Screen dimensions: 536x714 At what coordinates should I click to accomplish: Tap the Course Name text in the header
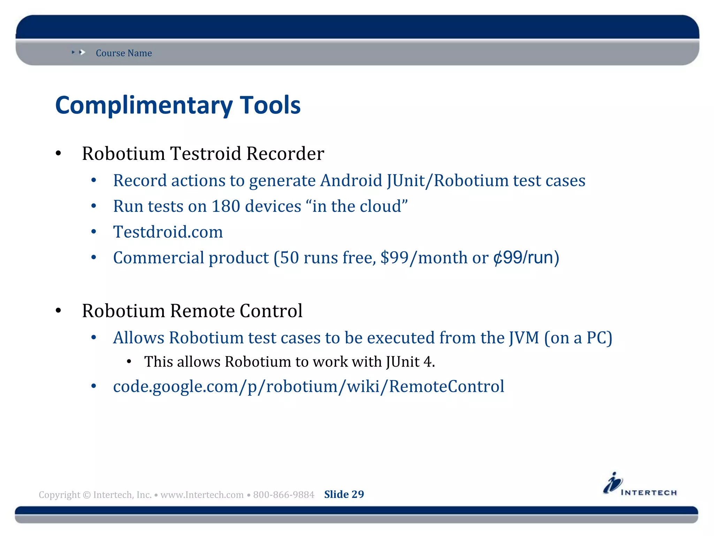point(124,53)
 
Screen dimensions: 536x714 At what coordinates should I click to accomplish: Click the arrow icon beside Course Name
point(82,52)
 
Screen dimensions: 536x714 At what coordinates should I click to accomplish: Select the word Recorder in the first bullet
point(285,154)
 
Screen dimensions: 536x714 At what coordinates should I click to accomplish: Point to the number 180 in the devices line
point(226,206)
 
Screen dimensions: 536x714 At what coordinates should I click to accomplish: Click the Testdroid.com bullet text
point(168,232)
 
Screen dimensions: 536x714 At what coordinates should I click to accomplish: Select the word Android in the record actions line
point(351,181)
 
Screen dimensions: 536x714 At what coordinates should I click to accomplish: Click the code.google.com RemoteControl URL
point(309,387)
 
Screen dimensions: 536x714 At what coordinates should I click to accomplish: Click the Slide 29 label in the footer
point(344,494)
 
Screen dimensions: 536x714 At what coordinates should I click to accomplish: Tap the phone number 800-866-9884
point(283,495)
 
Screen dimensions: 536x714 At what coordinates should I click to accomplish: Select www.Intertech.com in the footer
point(202,495)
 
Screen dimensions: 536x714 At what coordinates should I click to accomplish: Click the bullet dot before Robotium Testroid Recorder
point(58,154)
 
